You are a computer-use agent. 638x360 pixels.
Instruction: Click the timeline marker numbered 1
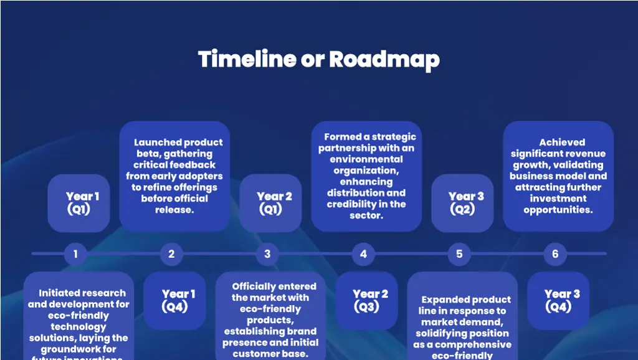click(75, 254)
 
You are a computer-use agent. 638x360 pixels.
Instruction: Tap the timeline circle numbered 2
click(171, 254)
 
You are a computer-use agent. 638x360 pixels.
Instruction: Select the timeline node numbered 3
click(267, 254)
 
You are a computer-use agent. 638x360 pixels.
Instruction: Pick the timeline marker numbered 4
click(363, 254)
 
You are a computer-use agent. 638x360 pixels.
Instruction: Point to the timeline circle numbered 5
click(459, 254)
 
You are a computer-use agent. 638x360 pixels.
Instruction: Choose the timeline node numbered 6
click(555, 254)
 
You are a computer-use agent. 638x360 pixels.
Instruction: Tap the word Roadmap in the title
click(384, 60)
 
